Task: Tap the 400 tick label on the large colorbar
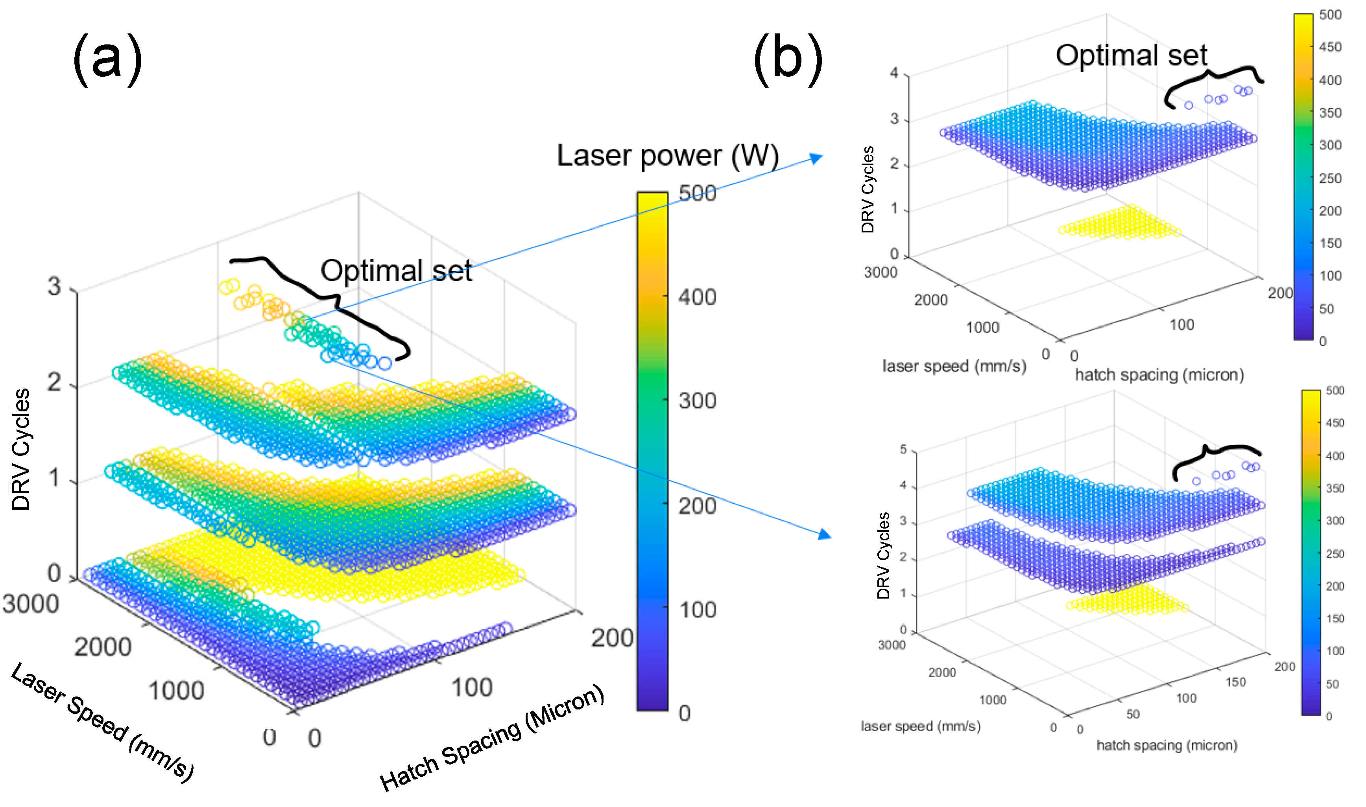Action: point(697,297)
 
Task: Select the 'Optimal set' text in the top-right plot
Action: point(1131,55)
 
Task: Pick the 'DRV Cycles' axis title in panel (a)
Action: point(21,449)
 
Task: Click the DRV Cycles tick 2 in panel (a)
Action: point(54,383)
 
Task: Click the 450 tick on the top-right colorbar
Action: point(1330,47)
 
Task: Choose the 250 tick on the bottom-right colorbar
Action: point(1335,554)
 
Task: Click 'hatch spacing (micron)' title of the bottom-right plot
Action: point(1167,744)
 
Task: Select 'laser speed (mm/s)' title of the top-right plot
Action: point(954,366)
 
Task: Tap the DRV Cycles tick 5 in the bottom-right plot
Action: point(903,449)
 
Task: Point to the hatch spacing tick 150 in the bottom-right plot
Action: point(1235,682)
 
